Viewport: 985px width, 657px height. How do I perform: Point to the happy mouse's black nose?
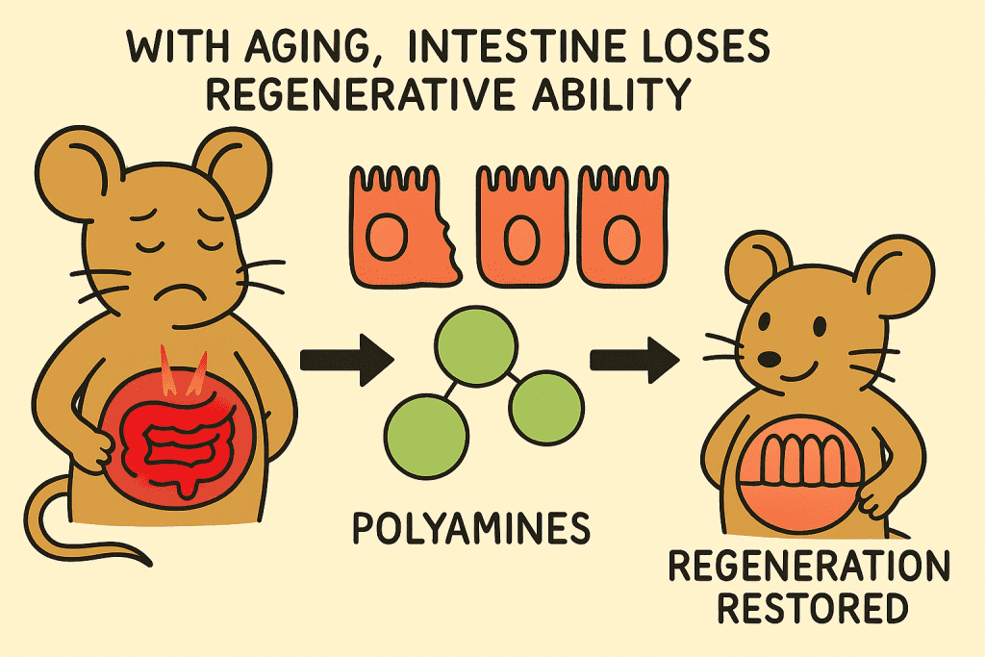(x=769, y=359)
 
